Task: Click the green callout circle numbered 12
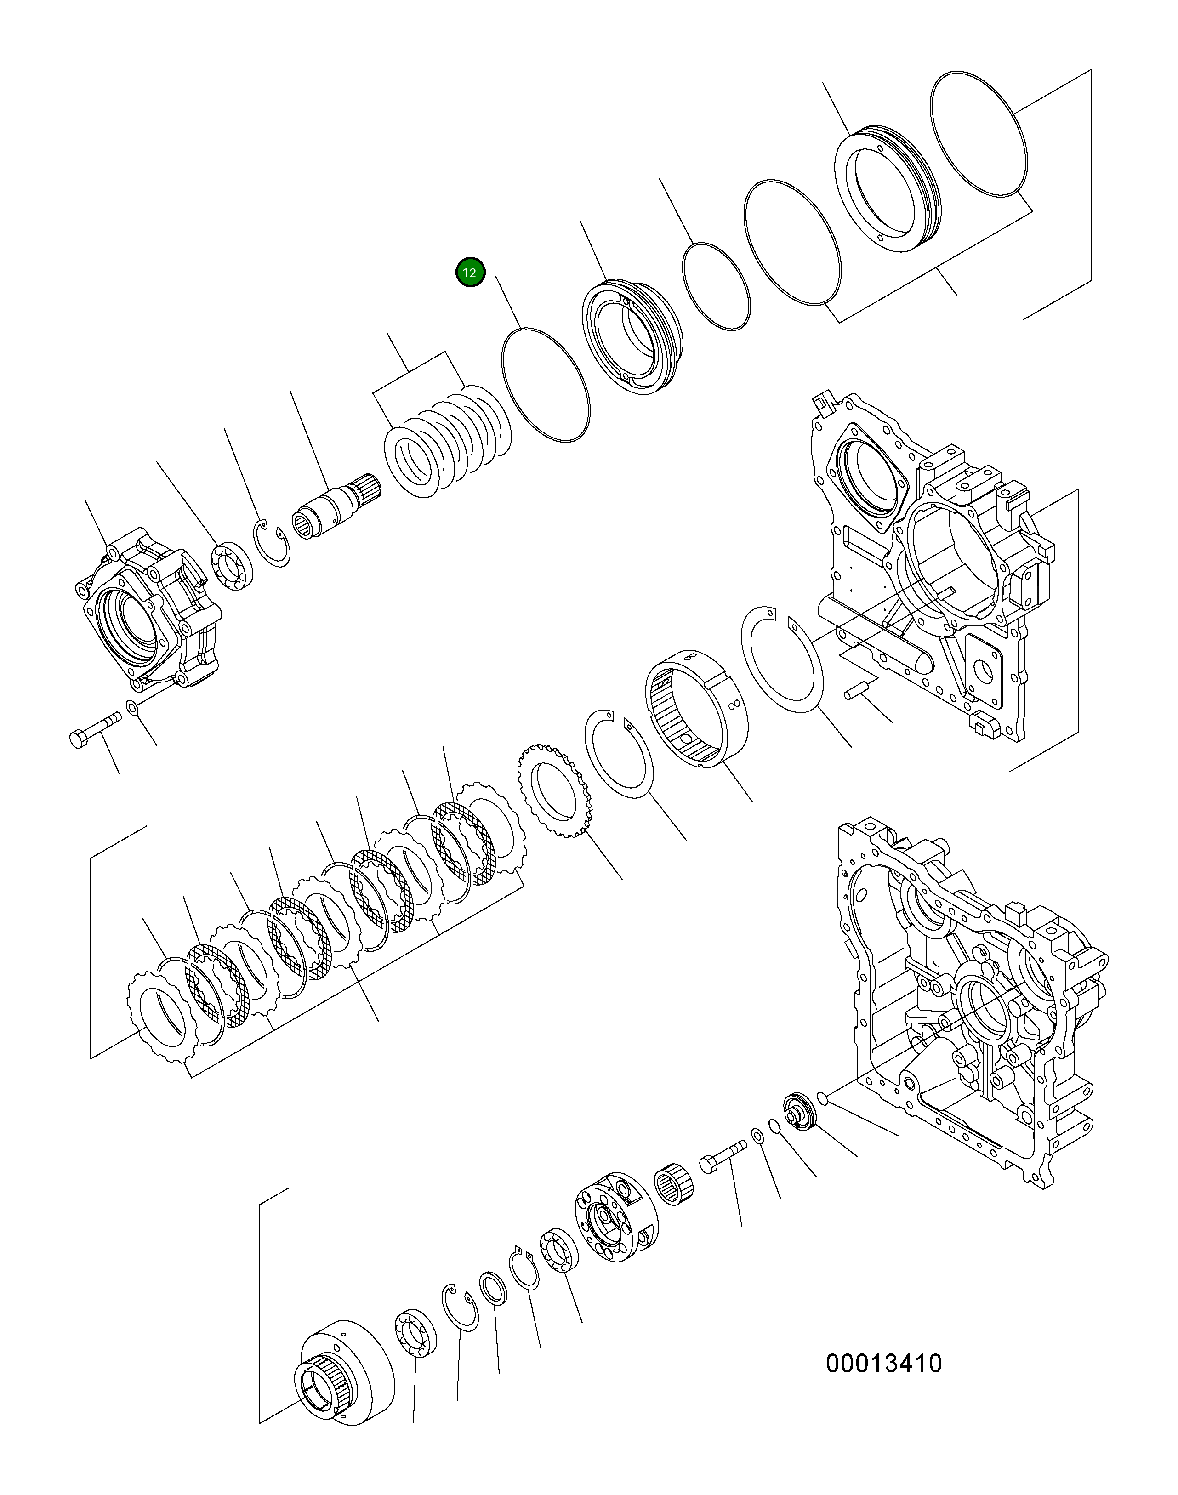click(470, 273)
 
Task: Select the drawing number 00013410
click(883, 1363)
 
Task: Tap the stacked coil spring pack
click(447, 442)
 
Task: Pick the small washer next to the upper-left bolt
click(132, 707)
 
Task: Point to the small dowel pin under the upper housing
click(857, 689)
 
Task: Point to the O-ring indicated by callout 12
click(545, 385)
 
